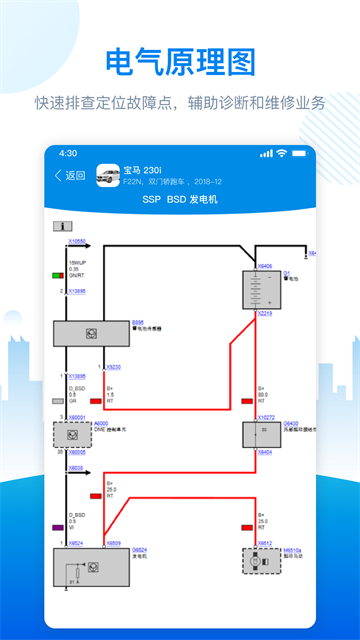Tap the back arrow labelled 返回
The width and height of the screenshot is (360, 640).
69,176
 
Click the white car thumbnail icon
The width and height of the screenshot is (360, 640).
107,176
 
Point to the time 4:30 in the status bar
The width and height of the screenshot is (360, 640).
68,153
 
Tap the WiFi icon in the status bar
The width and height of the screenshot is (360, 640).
283,153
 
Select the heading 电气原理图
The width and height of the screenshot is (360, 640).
180,62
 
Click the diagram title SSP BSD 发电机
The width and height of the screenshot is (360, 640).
180,200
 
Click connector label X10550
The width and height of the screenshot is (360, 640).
77,242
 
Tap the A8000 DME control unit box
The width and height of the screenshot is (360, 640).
72,434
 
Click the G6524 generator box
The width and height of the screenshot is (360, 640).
91,567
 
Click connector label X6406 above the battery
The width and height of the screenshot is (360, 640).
265,266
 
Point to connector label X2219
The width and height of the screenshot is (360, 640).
265,314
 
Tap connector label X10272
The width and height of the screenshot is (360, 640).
266,417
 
